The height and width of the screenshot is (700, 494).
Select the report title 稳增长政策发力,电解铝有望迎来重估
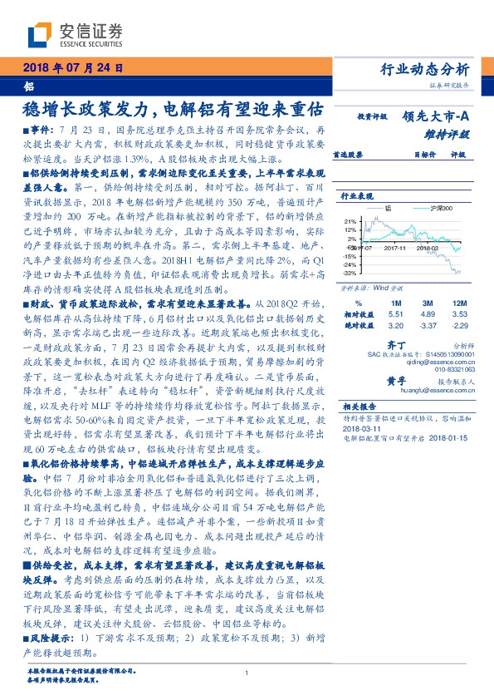[x=174, y=108]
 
